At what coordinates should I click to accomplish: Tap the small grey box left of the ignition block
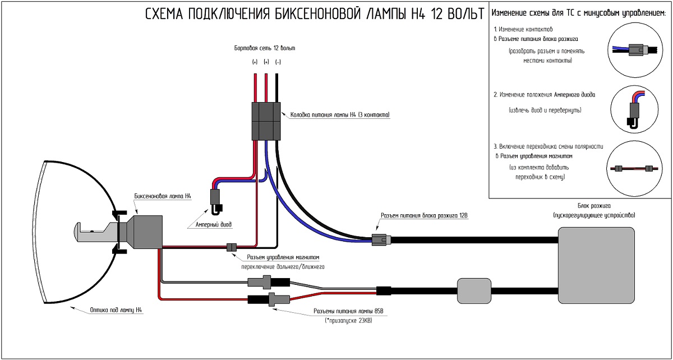tap(474, 290)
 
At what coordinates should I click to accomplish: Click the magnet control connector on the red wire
tap(231, 247)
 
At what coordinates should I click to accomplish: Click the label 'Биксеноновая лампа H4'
tap(163, 197)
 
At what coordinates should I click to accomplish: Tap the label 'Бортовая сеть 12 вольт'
tap(264, 48)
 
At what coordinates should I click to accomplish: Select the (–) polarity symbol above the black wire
tap(278, 62)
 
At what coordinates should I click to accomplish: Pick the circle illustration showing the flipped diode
tap(636, 110)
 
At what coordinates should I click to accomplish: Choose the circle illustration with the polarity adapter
tap(636, 168)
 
